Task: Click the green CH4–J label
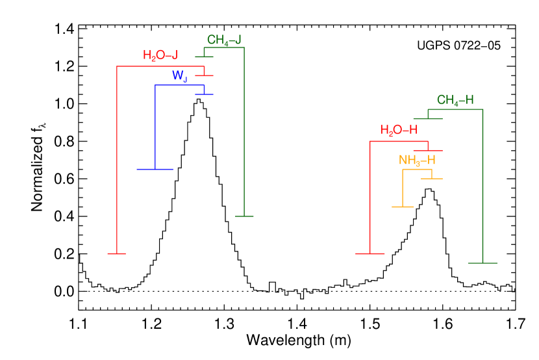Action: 224,40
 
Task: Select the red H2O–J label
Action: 160,56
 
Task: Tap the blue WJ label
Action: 180,76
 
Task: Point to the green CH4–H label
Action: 455,101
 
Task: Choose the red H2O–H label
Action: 399,131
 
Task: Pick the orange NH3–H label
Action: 417,161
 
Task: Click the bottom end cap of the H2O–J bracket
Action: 116,253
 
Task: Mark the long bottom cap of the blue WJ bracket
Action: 155,169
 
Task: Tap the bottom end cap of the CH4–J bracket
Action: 244,216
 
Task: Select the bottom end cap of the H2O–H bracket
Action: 370,253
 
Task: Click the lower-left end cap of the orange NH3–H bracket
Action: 403,207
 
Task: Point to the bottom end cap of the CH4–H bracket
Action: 483,263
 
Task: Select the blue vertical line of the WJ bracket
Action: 155,127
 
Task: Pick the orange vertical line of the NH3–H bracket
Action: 403,188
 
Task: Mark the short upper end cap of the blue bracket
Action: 204,95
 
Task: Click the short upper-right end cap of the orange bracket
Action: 432,178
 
